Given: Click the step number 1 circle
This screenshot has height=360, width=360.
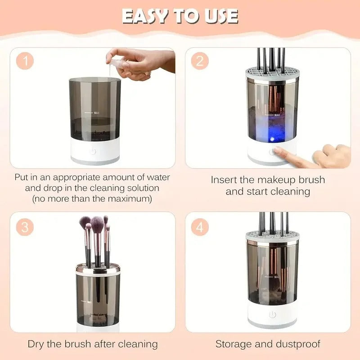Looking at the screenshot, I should click(26, 62).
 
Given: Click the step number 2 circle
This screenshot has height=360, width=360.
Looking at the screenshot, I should click(200, 62).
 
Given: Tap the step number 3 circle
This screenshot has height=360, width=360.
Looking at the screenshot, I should click(26, 227).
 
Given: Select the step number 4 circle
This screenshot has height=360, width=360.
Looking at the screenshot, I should click(200, 227).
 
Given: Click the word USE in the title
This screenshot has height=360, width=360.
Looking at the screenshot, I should click(220, 17).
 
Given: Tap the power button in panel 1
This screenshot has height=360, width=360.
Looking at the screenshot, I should click(93, 152).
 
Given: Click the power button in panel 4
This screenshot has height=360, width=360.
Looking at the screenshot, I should click(272, 315).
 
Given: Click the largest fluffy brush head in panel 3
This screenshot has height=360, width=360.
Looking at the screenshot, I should click(97, 222).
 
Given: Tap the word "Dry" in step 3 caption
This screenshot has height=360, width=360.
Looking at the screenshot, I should click(37, 344).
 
